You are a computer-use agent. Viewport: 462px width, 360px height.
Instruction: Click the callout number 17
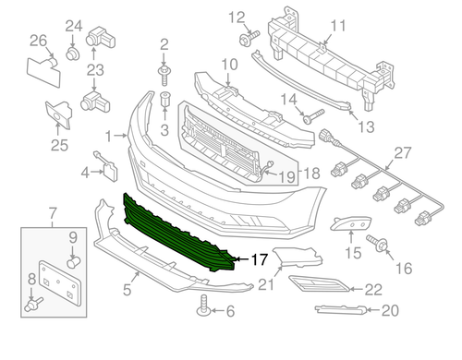[x=261, y=259]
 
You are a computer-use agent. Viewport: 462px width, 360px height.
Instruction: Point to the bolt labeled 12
[x=249, y=38]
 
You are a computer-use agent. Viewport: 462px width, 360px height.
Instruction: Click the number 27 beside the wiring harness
[x=400, y=152]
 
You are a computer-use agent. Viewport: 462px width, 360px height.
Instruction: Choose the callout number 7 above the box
[x=52, y=214]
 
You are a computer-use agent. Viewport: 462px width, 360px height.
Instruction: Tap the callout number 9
[x=72, y=237]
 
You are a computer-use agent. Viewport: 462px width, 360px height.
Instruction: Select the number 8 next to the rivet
[x=30, y=278]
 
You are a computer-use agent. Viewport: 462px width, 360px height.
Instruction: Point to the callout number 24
[x=73, y=27]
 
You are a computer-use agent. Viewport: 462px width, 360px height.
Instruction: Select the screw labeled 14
[x=312, y=116]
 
